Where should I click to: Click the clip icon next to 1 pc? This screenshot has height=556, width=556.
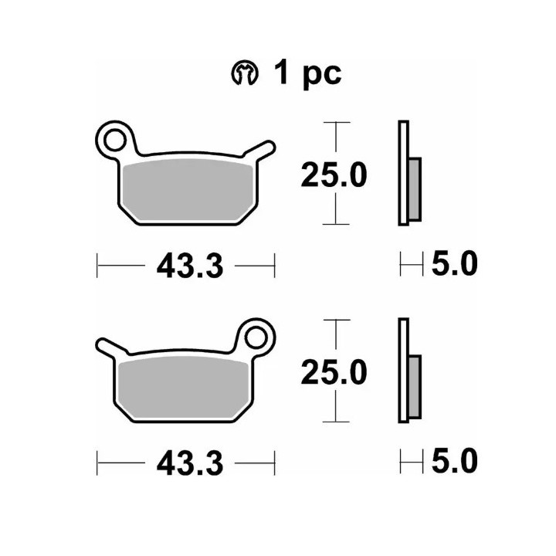coord(245,74)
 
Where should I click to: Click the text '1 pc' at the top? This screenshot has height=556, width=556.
coord(307,74)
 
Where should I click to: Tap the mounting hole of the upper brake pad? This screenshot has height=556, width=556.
coord(114,141)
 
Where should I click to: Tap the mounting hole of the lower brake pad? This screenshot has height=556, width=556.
coord(256,337)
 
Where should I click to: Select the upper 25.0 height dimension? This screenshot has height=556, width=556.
coord(334,175)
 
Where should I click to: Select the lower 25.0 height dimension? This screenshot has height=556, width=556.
coord(334,372)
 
